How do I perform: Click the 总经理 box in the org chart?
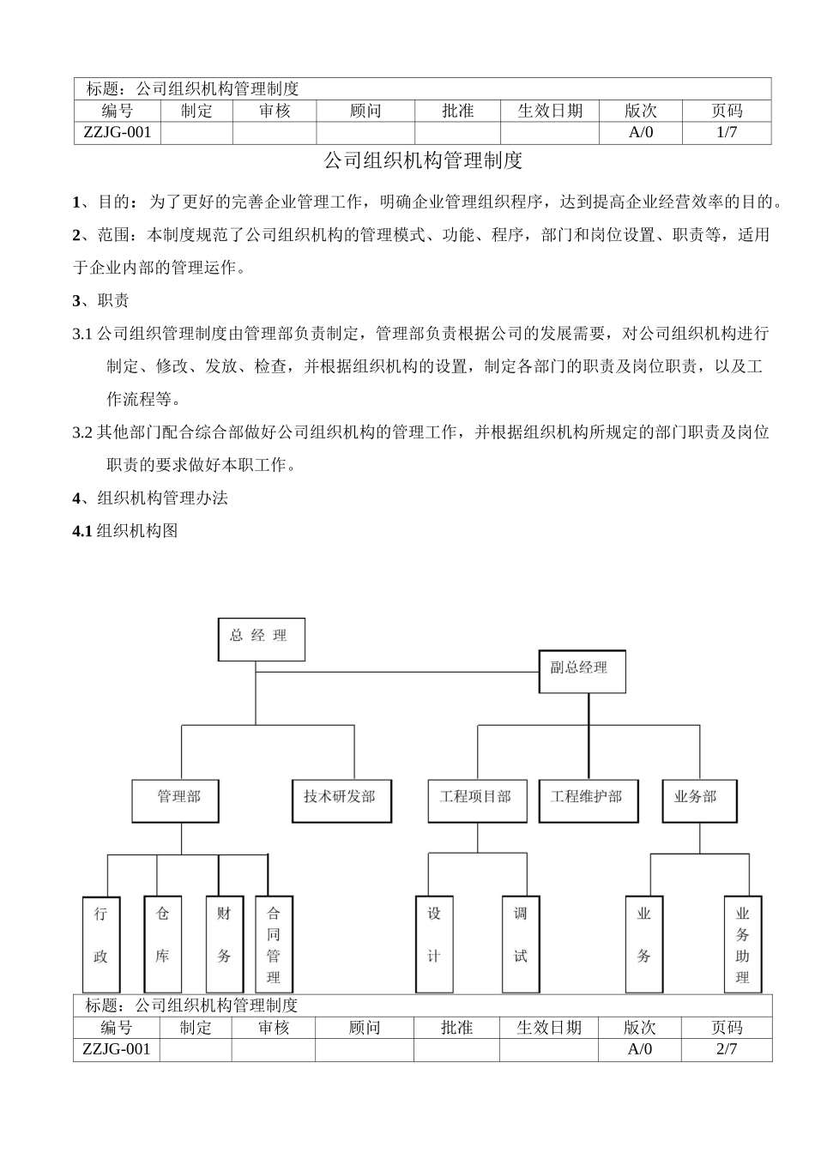click(x=262, y=639)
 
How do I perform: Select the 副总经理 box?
click(x=582, y=671)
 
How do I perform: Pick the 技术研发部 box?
click(x=340, y=800)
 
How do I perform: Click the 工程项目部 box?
click(x=477, y=800)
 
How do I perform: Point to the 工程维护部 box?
click(x=589, y=800)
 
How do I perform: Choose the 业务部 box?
click(x=696, y=800)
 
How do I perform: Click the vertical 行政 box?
click(x=101, y=944)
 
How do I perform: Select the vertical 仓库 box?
click(x=162, y=944)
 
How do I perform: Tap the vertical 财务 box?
click(x=225, y=944)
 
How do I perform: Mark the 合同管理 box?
click(x=274, y=944)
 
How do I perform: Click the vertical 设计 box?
click(x=434, y=944)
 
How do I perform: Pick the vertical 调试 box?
click(x=521, y=944)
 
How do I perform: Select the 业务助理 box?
click(x=743, y=944)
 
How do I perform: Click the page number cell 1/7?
click(x=726, y=132)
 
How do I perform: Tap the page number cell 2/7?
click(x=726, y=1048)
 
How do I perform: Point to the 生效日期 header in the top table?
click(x=550, y=111)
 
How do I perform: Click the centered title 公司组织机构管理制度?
click(x=423, y=160)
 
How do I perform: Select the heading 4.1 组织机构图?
click(x=125, y=531)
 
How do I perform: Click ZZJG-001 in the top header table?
click(x=118, y=132)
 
